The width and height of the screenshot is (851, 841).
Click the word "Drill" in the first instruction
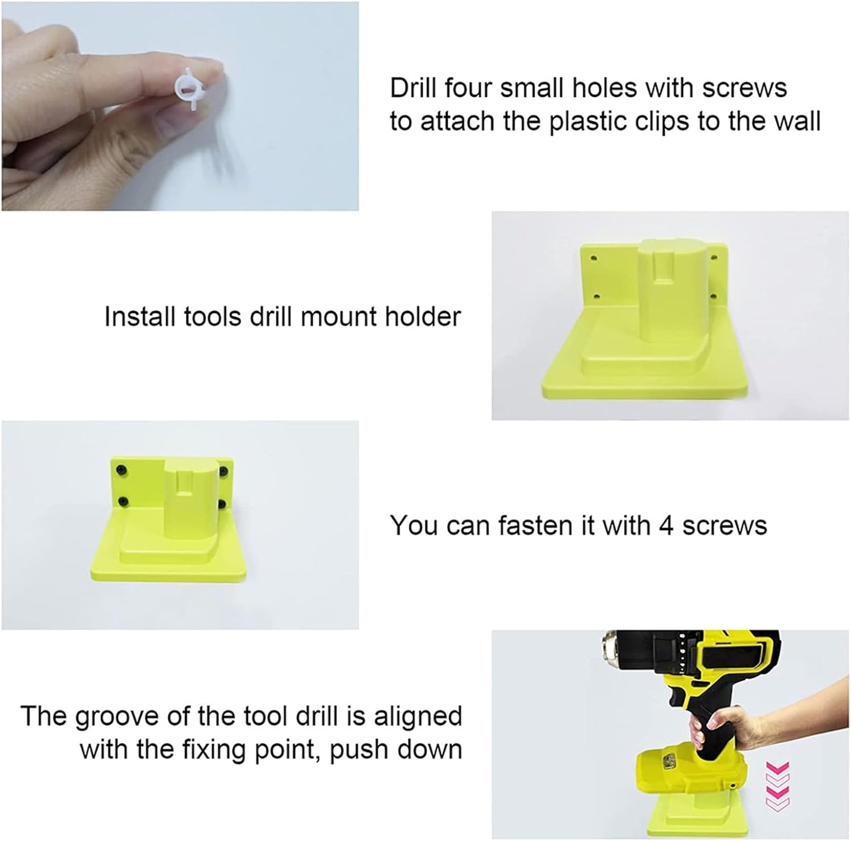click(413, 88)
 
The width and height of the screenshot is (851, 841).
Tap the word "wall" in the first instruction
click(794, 121)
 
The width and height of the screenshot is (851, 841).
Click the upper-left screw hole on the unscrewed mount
click(593, 258)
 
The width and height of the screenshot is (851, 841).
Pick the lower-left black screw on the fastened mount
click(123, 501)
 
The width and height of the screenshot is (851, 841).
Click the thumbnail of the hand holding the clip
click(180, 106)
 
